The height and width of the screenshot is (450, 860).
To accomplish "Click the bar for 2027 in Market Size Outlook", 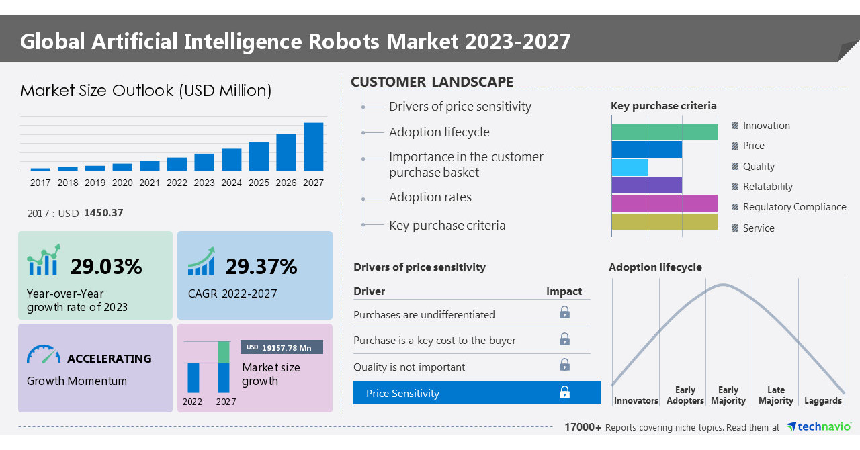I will [x=313, y=146].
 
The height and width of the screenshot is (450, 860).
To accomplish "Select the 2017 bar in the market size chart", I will [x=40, y=169].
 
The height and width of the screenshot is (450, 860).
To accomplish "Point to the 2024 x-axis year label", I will [x=231, y=183].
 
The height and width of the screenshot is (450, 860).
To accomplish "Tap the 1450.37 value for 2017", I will [x=103, y=213].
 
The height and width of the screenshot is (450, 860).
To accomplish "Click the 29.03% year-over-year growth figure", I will [x=106, y=267].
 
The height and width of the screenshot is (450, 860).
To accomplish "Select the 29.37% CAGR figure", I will [x=261, y=267].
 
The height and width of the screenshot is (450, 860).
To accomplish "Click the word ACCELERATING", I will [x=110, y=359].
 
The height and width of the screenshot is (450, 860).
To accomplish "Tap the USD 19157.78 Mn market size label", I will [x=282, y=347].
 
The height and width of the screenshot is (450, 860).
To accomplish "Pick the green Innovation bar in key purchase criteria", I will [x=664, y=132].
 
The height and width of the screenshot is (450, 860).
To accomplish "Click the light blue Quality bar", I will [x=630, y=167].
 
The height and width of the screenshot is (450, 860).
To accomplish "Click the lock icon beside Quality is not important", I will [x=564, y=365].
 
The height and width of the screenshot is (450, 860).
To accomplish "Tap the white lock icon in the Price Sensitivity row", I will [x=564, y=392].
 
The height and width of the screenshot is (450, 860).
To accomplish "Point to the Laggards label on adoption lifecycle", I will [x=822, y=401].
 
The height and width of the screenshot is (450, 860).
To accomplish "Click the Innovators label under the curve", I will [x=636, y=401].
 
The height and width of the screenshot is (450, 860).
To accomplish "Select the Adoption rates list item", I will [x=430, y=197].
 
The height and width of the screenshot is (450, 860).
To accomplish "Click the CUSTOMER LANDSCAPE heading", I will [x=432, y=82].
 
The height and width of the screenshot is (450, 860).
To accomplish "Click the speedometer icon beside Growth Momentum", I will [x=44, y=355].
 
